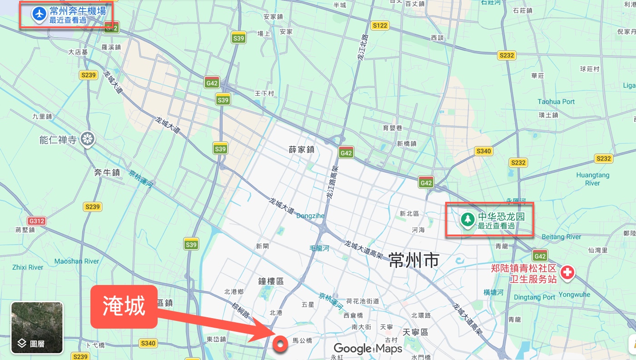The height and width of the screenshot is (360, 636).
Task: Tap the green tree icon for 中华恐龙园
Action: (467, 220)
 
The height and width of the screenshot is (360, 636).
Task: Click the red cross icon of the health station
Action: (567, 273)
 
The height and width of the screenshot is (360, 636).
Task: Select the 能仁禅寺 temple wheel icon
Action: (87, 139)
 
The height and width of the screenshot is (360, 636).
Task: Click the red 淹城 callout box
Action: (124, 306)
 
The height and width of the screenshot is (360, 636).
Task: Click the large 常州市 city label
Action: (413, 260)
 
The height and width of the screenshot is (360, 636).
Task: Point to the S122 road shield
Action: (379, 25)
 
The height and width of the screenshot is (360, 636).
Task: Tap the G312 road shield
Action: (36, 221)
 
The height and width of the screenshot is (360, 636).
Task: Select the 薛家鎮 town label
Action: (302, 149)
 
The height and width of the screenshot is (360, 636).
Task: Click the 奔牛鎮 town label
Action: (107, 172)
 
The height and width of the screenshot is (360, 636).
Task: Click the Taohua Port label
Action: (556, 102)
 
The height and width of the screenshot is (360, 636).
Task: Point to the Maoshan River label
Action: (76, 261)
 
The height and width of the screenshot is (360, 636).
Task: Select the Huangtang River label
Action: (592, 179)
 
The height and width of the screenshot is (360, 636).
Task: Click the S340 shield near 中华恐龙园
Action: (483, 151)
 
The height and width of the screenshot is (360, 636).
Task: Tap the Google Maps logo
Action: (368, 349)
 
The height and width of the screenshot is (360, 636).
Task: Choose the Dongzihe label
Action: (310, 216)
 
